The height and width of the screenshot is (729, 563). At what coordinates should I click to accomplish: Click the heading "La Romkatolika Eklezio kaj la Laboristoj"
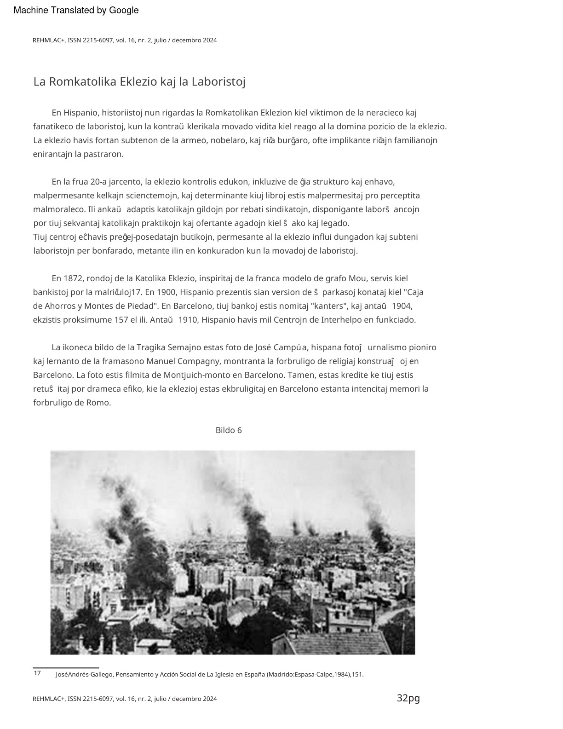point(139,82)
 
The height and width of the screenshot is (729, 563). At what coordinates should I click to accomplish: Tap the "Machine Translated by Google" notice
point(76,11)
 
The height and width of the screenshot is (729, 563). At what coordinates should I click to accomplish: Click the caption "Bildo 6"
point(229,430)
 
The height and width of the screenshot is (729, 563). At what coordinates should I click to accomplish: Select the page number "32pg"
point(408,698)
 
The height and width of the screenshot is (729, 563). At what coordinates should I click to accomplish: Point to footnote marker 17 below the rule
point(37,673)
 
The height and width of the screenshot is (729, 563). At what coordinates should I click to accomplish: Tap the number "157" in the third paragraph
point(121,320)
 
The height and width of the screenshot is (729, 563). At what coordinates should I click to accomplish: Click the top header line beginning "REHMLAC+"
point(125,40)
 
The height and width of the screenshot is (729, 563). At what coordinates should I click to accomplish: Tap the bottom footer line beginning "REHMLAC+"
point(125,699)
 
